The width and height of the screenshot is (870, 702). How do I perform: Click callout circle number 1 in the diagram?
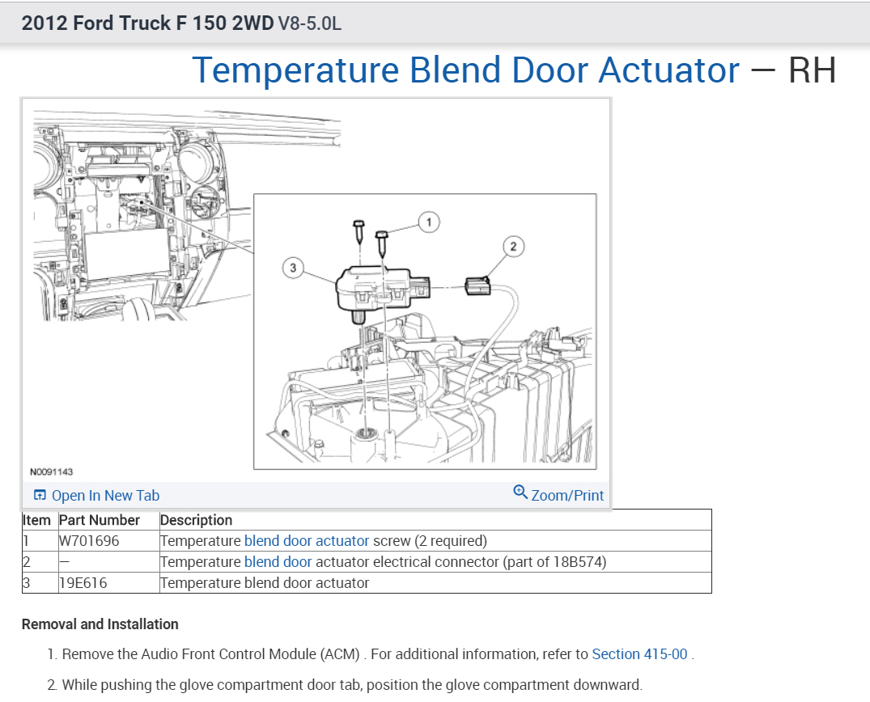coord(429,222)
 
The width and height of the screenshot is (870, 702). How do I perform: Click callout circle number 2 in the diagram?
coord(513,246)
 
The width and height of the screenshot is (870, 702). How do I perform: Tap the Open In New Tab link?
coord(97,496)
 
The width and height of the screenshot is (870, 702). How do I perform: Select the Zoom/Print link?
coord(559,494)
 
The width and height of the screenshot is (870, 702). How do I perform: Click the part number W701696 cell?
coord(89,541)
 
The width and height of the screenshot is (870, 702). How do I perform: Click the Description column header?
coord(197,520)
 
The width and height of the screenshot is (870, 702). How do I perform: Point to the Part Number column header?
coord(100,520)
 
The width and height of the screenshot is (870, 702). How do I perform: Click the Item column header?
coord(37,520)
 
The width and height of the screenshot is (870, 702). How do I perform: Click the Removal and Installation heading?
coord(100,624)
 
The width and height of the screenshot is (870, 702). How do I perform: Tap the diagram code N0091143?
coord(51,472)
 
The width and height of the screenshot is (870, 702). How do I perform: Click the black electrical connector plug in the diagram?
coord(477,285)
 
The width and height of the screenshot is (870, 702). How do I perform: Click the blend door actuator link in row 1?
coord(307,541)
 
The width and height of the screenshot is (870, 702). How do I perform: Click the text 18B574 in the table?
coord(577,562)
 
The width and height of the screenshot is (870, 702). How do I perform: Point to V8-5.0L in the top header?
coord(310,23)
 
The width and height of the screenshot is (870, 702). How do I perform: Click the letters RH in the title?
coord(812,71)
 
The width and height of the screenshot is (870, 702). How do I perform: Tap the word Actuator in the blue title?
coord(668,71)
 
